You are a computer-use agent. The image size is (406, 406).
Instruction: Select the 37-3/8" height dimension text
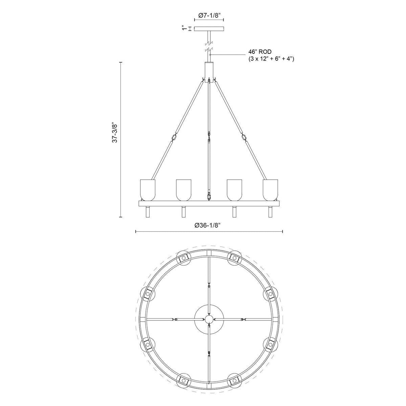[115, 133]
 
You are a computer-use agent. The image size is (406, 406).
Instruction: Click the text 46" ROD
[260, 52]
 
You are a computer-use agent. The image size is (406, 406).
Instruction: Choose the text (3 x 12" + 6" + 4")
[271, 59]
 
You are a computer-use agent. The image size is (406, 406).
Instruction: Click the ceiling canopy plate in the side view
[209, 28]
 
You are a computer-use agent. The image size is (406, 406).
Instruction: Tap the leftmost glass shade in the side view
[148, 190]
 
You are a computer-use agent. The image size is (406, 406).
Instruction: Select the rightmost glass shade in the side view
[270, 190]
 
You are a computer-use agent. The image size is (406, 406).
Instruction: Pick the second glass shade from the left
[184, 190]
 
